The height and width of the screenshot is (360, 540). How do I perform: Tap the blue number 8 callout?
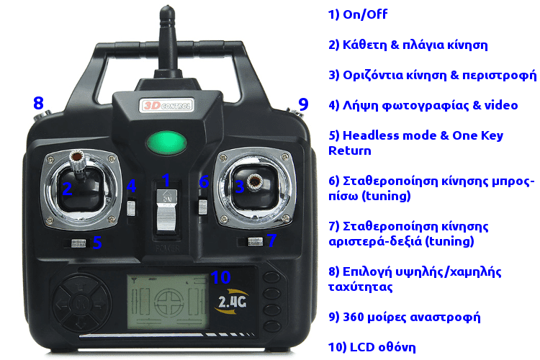click(x=39, y=103)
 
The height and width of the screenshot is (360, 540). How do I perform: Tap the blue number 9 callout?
click(x=303, y=104)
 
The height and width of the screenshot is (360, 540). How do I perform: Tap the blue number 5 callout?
click(x=97, y=243)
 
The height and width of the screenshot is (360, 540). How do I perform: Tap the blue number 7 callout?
click(x=271, y=240)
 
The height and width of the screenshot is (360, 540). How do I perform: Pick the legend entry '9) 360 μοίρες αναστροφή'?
click(x=404, y=317)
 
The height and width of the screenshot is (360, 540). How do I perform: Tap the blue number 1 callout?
click(x=166, y=180)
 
